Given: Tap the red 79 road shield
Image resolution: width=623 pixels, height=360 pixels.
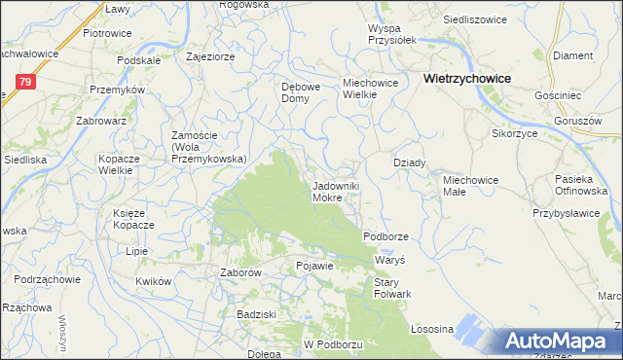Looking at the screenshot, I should tap(26, 83).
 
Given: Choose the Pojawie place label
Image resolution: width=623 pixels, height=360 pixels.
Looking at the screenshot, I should tap(314, 266).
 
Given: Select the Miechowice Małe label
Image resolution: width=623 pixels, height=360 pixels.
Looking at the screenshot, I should tap(471, 186).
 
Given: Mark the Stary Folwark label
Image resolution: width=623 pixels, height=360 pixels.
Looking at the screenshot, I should tap(393, 288).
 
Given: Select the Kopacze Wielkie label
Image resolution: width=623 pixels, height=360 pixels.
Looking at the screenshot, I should tap(122, 163).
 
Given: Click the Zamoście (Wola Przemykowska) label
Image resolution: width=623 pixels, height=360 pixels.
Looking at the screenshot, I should tap(208, 147).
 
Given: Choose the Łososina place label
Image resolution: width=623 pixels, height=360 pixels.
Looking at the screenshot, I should tap(433, 329).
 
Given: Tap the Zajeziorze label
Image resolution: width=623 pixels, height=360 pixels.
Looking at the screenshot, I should tap(210, 56).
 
